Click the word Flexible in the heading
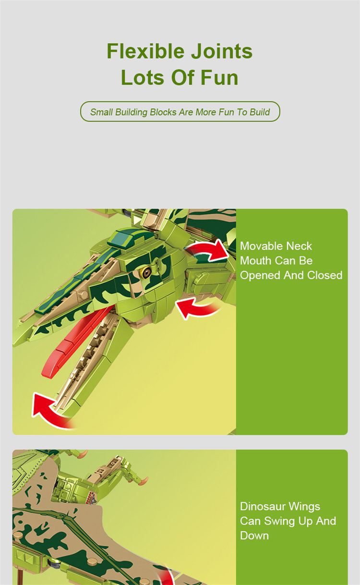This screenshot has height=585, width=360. (x=145, y=51)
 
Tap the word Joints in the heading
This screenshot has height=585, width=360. (x=222, y=51)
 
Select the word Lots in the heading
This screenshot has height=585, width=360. (x=143, y=77)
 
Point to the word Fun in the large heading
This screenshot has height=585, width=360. (x=219, y=77)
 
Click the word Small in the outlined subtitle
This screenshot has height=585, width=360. (x=101, y=112)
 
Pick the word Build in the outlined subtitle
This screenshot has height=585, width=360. (x=260, y=112)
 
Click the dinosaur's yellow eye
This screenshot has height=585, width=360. (x=146, y=272)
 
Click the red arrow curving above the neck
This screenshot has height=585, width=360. (x=209, y=251)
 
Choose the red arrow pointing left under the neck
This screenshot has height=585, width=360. (x=198, y=308)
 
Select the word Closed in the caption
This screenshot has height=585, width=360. (x=324, y=275)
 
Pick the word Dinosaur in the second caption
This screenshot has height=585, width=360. (x=263, y=506)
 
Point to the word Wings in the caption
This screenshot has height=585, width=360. (x=304, y=507)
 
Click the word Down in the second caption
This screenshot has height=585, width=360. (x=254, y=536)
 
